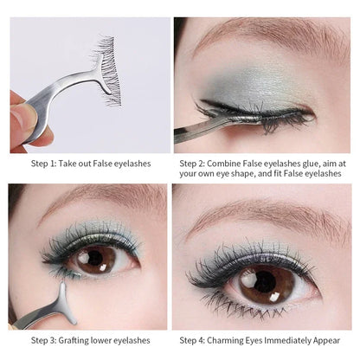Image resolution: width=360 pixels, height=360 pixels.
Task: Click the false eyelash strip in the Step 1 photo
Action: coord(105,70)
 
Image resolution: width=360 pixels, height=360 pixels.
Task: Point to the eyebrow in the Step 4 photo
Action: coord(260,216)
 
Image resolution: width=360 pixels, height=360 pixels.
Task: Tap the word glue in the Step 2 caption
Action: coord(320,162)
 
